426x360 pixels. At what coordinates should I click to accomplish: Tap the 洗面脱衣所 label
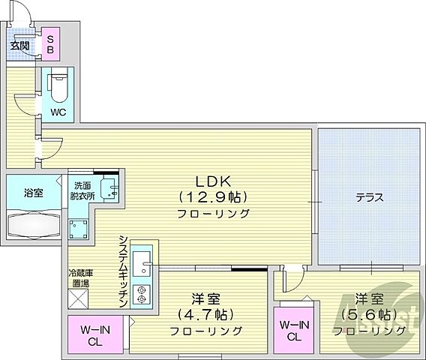point(82,190)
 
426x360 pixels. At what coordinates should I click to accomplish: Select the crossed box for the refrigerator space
point(79,298)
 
